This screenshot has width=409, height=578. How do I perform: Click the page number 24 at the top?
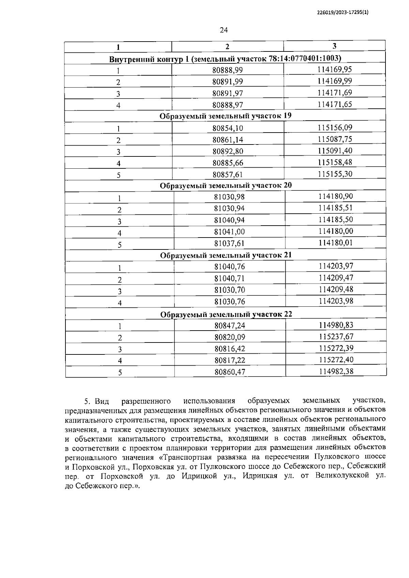[224, 30]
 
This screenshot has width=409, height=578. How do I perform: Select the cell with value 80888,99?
[227, 70]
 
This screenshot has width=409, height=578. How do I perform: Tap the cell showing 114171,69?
[335, 93]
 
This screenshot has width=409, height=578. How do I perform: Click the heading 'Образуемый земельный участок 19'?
[226, 116]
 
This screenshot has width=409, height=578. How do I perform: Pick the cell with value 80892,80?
[228, 151]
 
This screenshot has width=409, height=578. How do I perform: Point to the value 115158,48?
[335, 163]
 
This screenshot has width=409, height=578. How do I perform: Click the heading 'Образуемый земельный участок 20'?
[226, 186]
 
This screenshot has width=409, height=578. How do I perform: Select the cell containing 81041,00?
[229, 232]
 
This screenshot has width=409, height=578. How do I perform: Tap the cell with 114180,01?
[336, 243]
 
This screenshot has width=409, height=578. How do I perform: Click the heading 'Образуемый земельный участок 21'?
[226, 255]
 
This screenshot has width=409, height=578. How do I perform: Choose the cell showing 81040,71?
[229, 278]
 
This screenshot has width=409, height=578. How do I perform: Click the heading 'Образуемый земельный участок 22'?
[226, 314]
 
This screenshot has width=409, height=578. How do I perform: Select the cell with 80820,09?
[230, 337]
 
